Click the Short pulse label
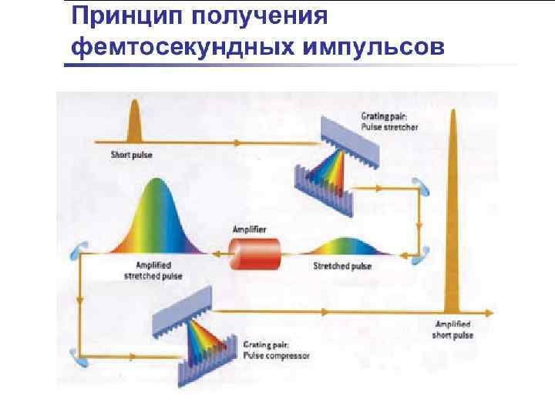pyautogui.click(x=131, y=156)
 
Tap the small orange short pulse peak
pyautogui.click(x=135, y=124)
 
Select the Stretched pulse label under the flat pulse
pyautogui.click(x=342, y=267)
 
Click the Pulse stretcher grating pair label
pyautogui.click(x=389, y=122)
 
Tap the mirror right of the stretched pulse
pyautogui.click(x=421, y=252)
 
